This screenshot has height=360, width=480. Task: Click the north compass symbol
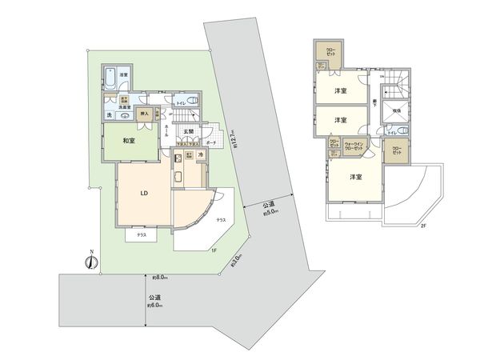(90, 262)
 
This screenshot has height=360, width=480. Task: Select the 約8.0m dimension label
(158, 277)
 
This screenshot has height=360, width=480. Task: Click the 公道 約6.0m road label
(154, 301)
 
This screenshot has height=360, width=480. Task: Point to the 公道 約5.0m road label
(268, 209)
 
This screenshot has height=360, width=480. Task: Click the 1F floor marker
(214, 250)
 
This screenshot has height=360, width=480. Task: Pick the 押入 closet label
(145, 114)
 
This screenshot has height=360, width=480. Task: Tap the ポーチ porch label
(211, 143)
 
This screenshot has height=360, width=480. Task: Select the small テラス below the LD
(140, 235)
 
